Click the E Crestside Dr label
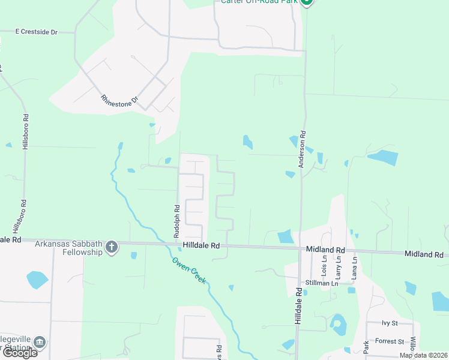[x=36, y=31]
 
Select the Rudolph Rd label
[x=177, y=222]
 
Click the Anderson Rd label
[x=303, y=149]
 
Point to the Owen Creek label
[x=189, y=271]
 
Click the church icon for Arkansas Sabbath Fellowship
[x=112, y=247]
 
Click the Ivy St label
[x=390, y=323]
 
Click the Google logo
[x=19, y=353]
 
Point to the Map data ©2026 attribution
[x=423, y=355]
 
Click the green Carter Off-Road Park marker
[x=307, y=2]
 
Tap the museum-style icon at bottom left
[x=40, y=343]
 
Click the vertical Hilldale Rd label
[x=298, y=306]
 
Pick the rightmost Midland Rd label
[x=424, y=254]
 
